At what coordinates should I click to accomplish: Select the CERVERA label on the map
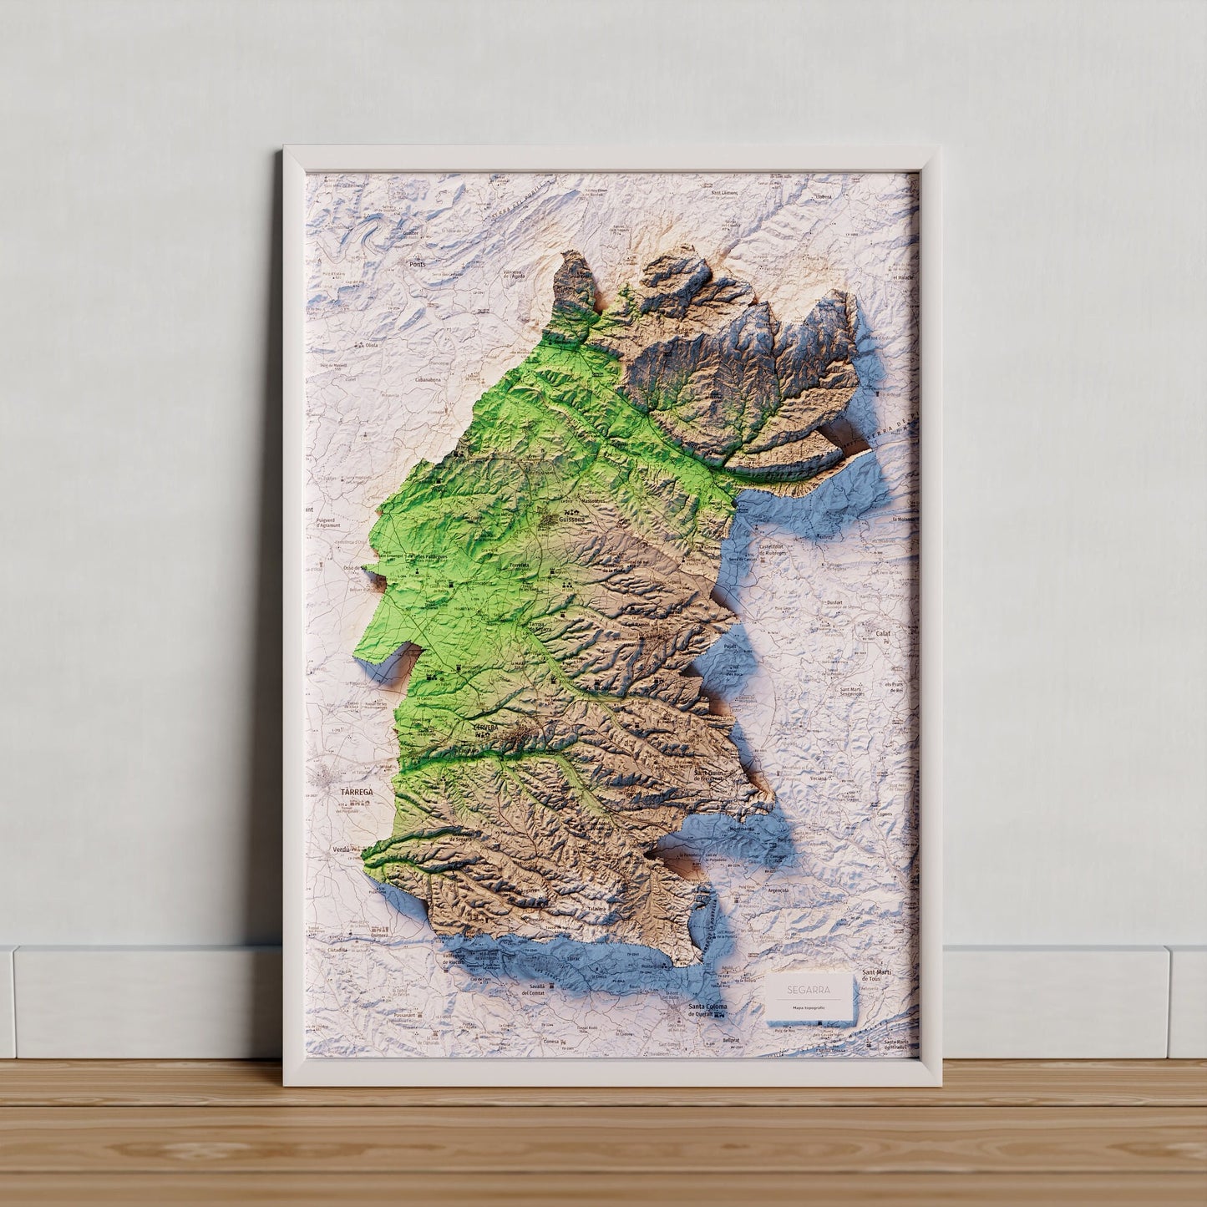[485, 728]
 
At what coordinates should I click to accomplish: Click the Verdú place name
[341, 849]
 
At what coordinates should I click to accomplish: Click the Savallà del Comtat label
[533, 990]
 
